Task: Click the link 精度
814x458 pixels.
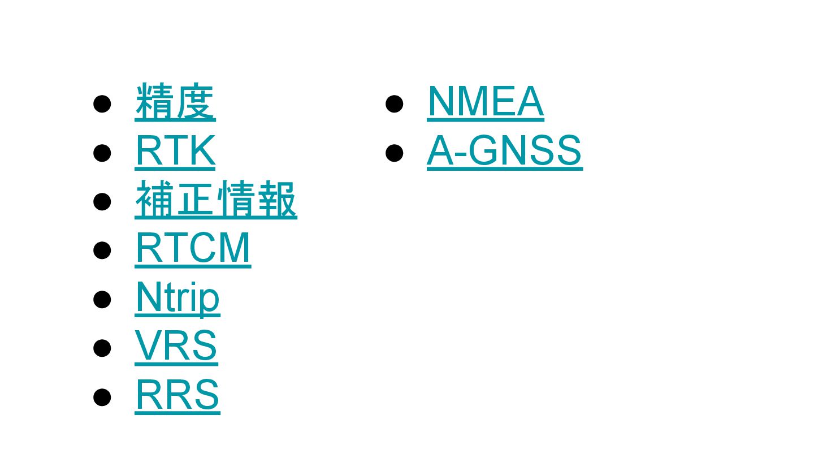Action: pyautogui.click(x=175, y=102)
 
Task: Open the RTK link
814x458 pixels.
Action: pyautogui.click(x=175, y=151)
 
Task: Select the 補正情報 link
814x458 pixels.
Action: pyautogui.click(x=216, y=200)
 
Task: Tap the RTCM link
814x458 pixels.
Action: pyautogui.click(x=193, y=249)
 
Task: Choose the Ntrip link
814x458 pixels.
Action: pyautogui.click(x=177, y=298)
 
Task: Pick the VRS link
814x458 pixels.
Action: pyautogui.click(x=176, y=346)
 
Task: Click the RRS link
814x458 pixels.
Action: pyautogui.click(x=177, y=395)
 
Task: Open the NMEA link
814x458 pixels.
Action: pyautogui.click(x=486, y=102)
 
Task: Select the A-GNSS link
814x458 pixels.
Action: pyautogui.click(x=504, y=151)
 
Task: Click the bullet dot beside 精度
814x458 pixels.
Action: pyautogui.click(x=102, y=104)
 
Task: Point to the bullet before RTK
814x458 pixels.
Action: pyautogui.click(x=102, y=153)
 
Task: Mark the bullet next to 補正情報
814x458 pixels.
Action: pyautogui.click(x=102, y=201)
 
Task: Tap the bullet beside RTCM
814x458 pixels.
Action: pyautogui.click(x=102, y=250)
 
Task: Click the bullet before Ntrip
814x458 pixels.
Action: pyautogui.click(x=102, y=299)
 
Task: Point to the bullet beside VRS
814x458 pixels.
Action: pyautogui.click(x=102, y=348)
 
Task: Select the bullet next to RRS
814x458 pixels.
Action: pyautogui.click(x=102, y=396)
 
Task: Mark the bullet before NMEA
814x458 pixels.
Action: pyautogui.click(x=394, y=104)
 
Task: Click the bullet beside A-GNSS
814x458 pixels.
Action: pyautogui.click(x=394, y=153)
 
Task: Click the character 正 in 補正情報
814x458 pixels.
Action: pyautogui.click(x=196, y=200)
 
